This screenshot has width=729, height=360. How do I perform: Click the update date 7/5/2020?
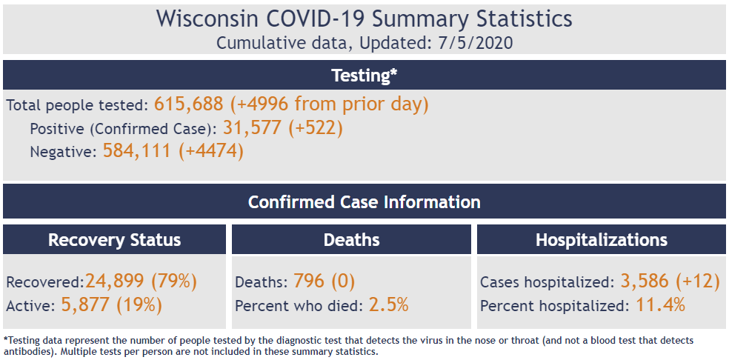pos(476,43)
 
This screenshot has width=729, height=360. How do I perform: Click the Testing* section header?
pos(364,76)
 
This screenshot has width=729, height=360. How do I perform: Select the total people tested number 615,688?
pos(189,104)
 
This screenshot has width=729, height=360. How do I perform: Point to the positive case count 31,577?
pos(252,128)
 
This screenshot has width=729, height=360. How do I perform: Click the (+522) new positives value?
pos(316,128)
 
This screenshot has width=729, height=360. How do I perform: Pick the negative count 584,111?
pos(136,151)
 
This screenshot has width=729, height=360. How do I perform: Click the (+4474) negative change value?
pos(211,151)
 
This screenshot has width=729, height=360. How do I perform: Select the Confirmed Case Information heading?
pos(364,202)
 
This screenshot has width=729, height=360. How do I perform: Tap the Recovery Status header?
pos(114,240)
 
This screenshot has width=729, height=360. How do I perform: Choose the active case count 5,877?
pos(85,304)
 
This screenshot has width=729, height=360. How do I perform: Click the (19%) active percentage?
pos(139,304)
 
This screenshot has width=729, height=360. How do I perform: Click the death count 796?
pos(309,281)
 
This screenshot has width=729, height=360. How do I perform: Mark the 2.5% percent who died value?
pos(389,304)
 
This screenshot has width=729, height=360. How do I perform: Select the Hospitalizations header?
pos(601,240)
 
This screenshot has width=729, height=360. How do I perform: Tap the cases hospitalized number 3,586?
pos(645,281)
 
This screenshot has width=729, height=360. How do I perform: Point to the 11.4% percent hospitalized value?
pos(660,304)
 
